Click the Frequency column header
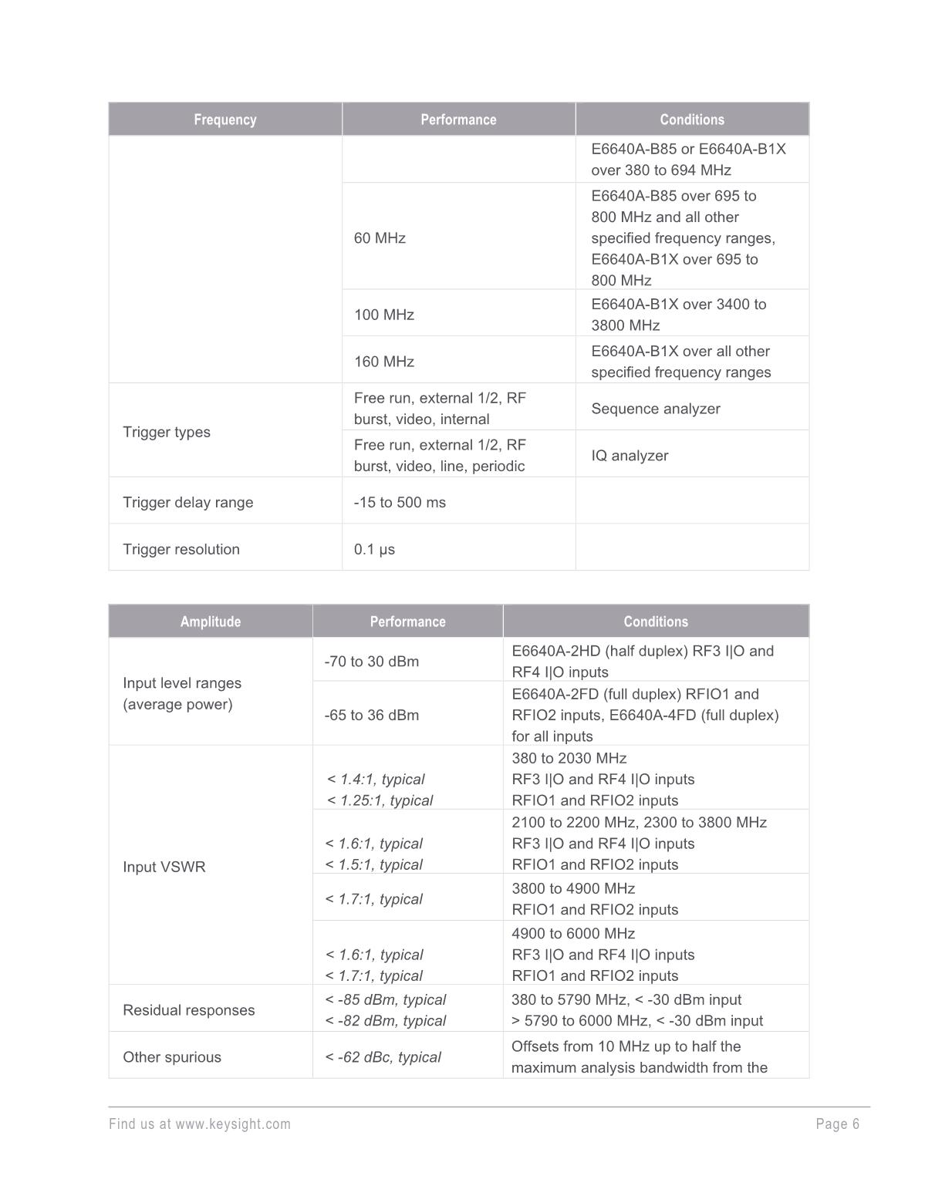pos(224,120)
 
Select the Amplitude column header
pos(210,622)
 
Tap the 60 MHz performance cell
pos(380,238)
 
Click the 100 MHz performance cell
pos(384,315)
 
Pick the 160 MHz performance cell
pos(384,362)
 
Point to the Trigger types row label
pos(167,432)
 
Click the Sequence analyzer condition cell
pos(656,409)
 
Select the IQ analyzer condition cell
pos(630,456)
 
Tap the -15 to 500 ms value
pos(400,502)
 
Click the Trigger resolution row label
pos(181,549)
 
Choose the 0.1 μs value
pos(374,549)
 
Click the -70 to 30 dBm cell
pos(372,662)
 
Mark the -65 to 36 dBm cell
pos(372,715)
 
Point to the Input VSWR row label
pos(164,867)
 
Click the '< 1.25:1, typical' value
pos(380,800)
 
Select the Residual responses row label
pos(189,1010)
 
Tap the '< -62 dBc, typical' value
pos(383,1057)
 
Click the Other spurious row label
pos(172,1057)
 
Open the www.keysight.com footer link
pos(233,1124)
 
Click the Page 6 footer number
pos(837,1124)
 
